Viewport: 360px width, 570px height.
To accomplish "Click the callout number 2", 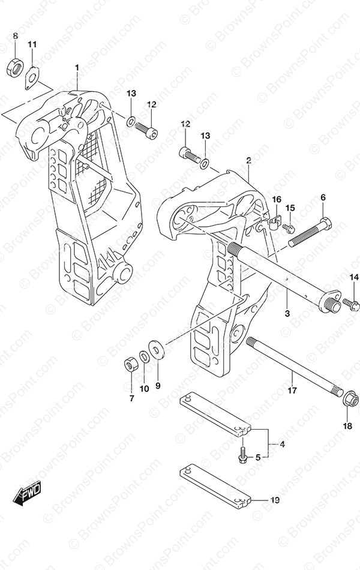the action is tap(249, 160).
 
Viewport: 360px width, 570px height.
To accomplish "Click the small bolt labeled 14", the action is tap(350, 304).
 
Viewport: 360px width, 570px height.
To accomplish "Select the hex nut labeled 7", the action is tap(130, 364).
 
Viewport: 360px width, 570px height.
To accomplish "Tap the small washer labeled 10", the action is tap(144, 356).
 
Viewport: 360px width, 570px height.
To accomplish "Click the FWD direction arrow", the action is tap(27, 493).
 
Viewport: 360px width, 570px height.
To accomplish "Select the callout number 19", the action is tap(275, 500).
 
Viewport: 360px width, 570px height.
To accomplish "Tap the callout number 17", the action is tap(292, 391).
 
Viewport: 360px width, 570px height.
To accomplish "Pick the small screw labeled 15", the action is tap(289, 227).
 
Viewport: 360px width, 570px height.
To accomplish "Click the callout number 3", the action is tap(287, 313).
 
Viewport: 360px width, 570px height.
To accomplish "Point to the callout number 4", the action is tap(282, 444).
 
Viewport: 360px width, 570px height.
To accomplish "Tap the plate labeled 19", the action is tap(215, 484).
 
